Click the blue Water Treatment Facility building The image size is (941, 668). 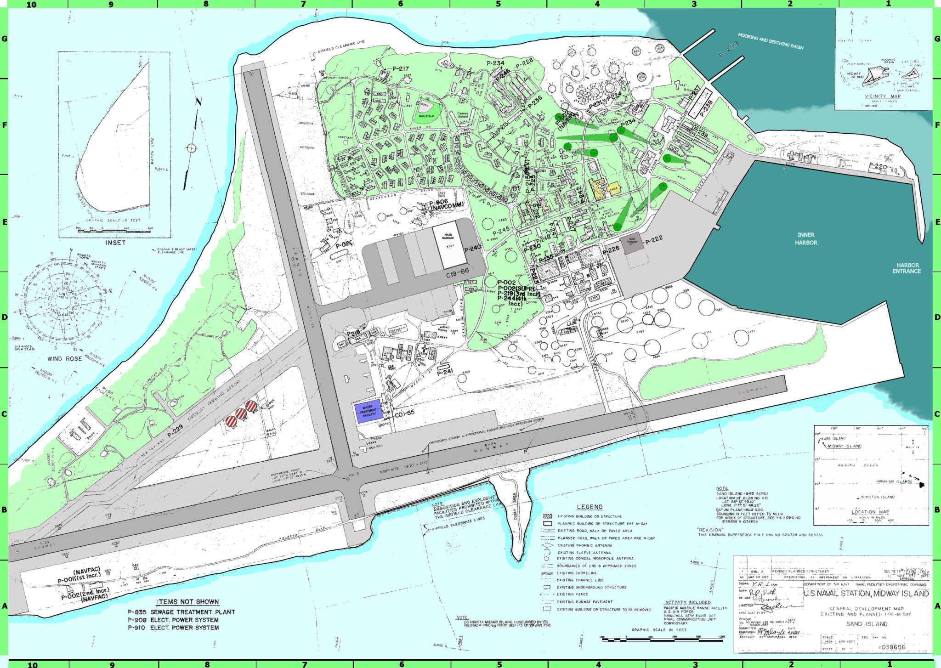[368, 411]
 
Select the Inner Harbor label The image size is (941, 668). [806, 238]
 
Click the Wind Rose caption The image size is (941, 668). [65, 359]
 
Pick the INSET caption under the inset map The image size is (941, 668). [115, 243]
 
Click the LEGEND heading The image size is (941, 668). [590, 507]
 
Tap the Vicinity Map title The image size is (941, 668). [883, 96]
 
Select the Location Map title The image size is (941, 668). [870, 512]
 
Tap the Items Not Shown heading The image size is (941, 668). [188, 601]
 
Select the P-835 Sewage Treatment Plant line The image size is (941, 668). [181, 612]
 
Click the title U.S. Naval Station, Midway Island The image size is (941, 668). [866, 593]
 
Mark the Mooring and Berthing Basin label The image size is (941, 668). [771, 40]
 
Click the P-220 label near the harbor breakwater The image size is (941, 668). [878, 166]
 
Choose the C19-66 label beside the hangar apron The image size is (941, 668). [458, 273]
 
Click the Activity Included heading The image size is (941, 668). [687, 602]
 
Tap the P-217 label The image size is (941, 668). [401, 69]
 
